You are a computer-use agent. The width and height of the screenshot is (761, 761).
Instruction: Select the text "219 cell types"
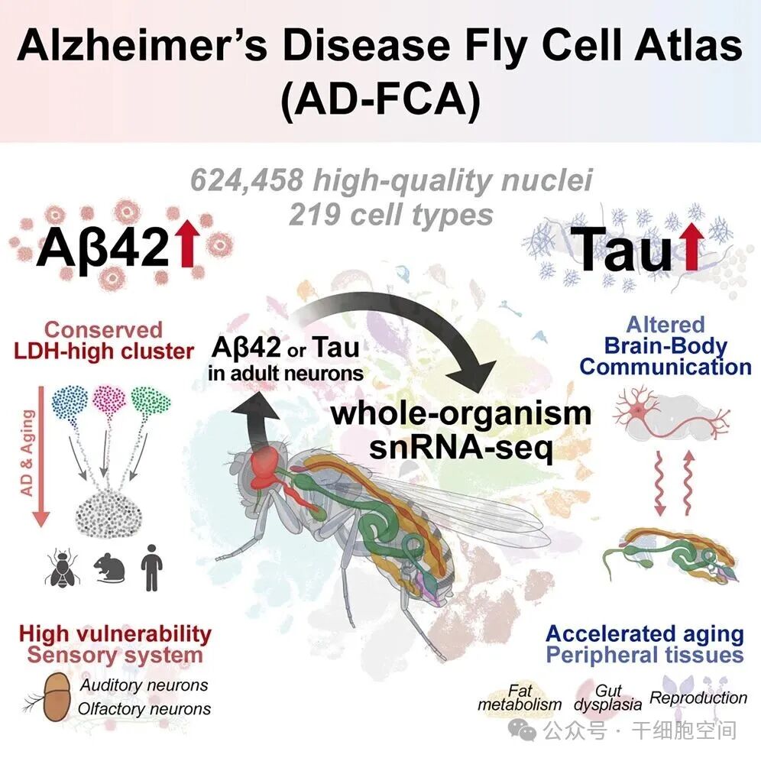tap(390, 214)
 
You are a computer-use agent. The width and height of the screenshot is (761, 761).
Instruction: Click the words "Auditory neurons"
tap(144, 685)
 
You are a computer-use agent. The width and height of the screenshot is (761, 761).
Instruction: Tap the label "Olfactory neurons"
tap(144, 708)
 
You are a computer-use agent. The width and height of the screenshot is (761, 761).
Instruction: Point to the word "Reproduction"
tap(698, 697)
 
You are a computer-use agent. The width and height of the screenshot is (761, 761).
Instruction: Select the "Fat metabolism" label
tap(520, 697)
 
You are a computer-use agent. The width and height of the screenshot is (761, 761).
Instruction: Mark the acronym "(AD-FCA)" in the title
tap(380, 104)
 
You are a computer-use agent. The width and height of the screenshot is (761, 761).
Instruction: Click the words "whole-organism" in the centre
tap(461, 413)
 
